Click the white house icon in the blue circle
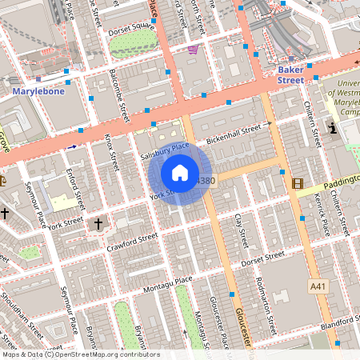180,173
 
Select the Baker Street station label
290,74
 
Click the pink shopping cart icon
192,50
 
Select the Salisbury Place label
164,150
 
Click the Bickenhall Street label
234,129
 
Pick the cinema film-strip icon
298,184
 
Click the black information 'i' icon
333,128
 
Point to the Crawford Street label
134,241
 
